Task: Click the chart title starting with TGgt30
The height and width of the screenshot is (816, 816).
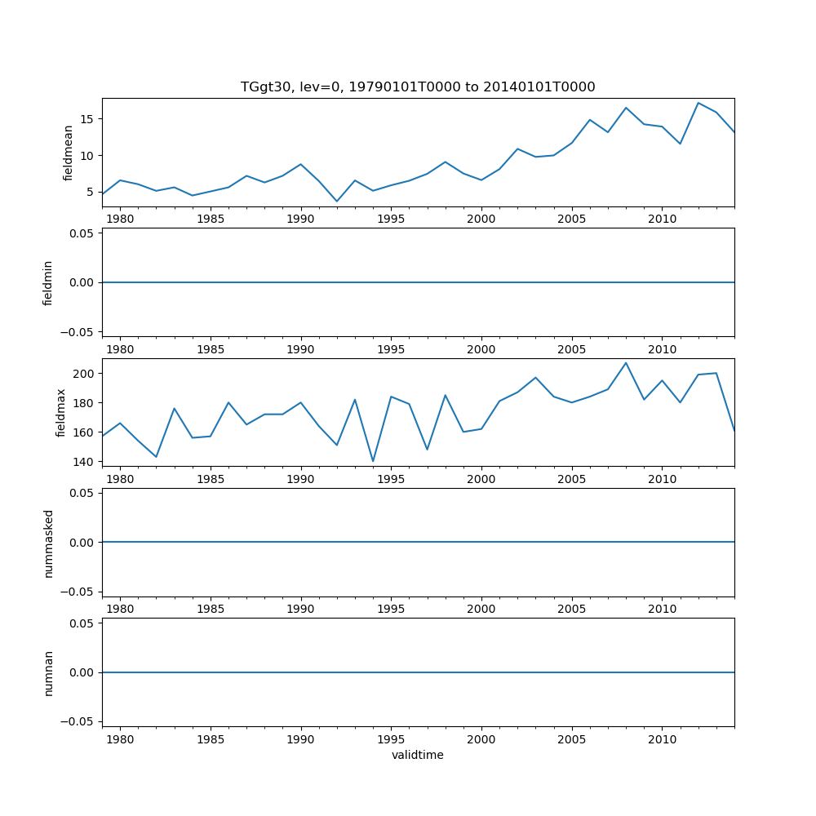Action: pos(418,87)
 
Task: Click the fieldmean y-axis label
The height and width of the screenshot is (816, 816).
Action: pos(69,153)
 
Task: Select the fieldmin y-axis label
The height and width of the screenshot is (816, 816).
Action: pos(48,283)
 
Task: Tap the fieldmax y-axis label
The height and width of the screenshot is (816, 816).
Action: pos(61,413)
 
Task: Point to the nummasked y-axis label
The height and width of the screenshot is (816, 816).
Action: pos(48,543)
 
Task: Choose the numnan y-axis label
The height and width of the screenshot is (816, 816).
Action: pos(48,672)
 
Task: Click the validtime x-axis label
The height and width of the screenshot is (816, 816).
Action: pos(418,756)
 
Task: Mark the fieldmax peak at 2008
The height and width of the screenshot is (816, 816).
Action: pos(626,363)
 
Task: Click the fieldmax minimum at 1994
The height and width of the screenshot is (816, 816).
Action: pos(373,461)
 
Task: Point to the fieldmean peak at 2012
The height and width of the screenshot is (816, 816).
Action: pos(698,103)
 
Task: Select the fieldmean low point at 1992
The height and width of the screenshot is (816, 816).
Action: pos(337,202)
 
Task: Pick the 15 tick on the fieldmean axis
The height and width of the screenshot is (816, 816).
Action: pos(91,119)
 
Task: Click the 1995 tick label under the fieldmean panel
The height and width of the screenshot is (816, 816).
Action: pos(391,219)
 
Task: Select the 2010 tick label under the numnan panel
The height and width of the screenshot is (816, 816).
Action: pos(662,738)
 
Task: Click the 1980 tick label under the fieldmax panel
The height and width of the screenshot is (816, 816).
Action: pos(120,479)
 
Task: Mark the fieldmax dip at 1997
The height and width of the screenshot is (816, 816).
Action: pos(427,450)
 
